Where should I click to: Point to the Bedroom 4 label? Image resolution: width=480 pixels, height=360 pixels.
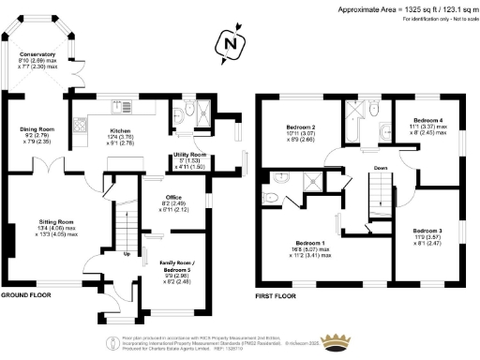click(427, 120)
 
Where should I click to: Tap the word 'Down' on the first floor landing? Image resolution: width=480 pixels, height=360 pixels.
click(380, 169)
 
